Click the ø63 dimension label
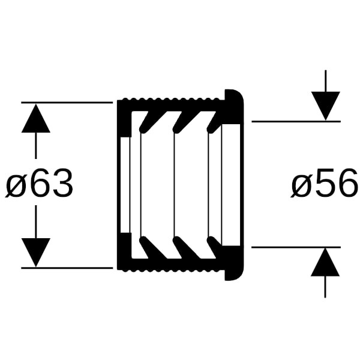[39, 183]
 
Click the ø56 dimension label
[324, 183]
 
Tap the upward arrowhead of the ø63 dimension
[36, 118]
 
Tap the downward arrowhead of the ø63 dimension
[36, 253]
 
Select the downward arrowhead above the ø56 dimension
[326, 106]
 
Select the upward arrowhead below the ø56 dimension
[325, 262]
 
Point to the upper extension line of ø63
[67, 103]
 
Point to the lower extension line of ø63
[67, 268]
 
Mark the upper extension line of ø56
[296, 121]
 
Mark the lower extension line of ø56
[296, 247]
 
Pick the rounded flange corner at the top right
[239, 94]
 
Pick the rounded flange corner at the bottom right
[239, 275]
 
